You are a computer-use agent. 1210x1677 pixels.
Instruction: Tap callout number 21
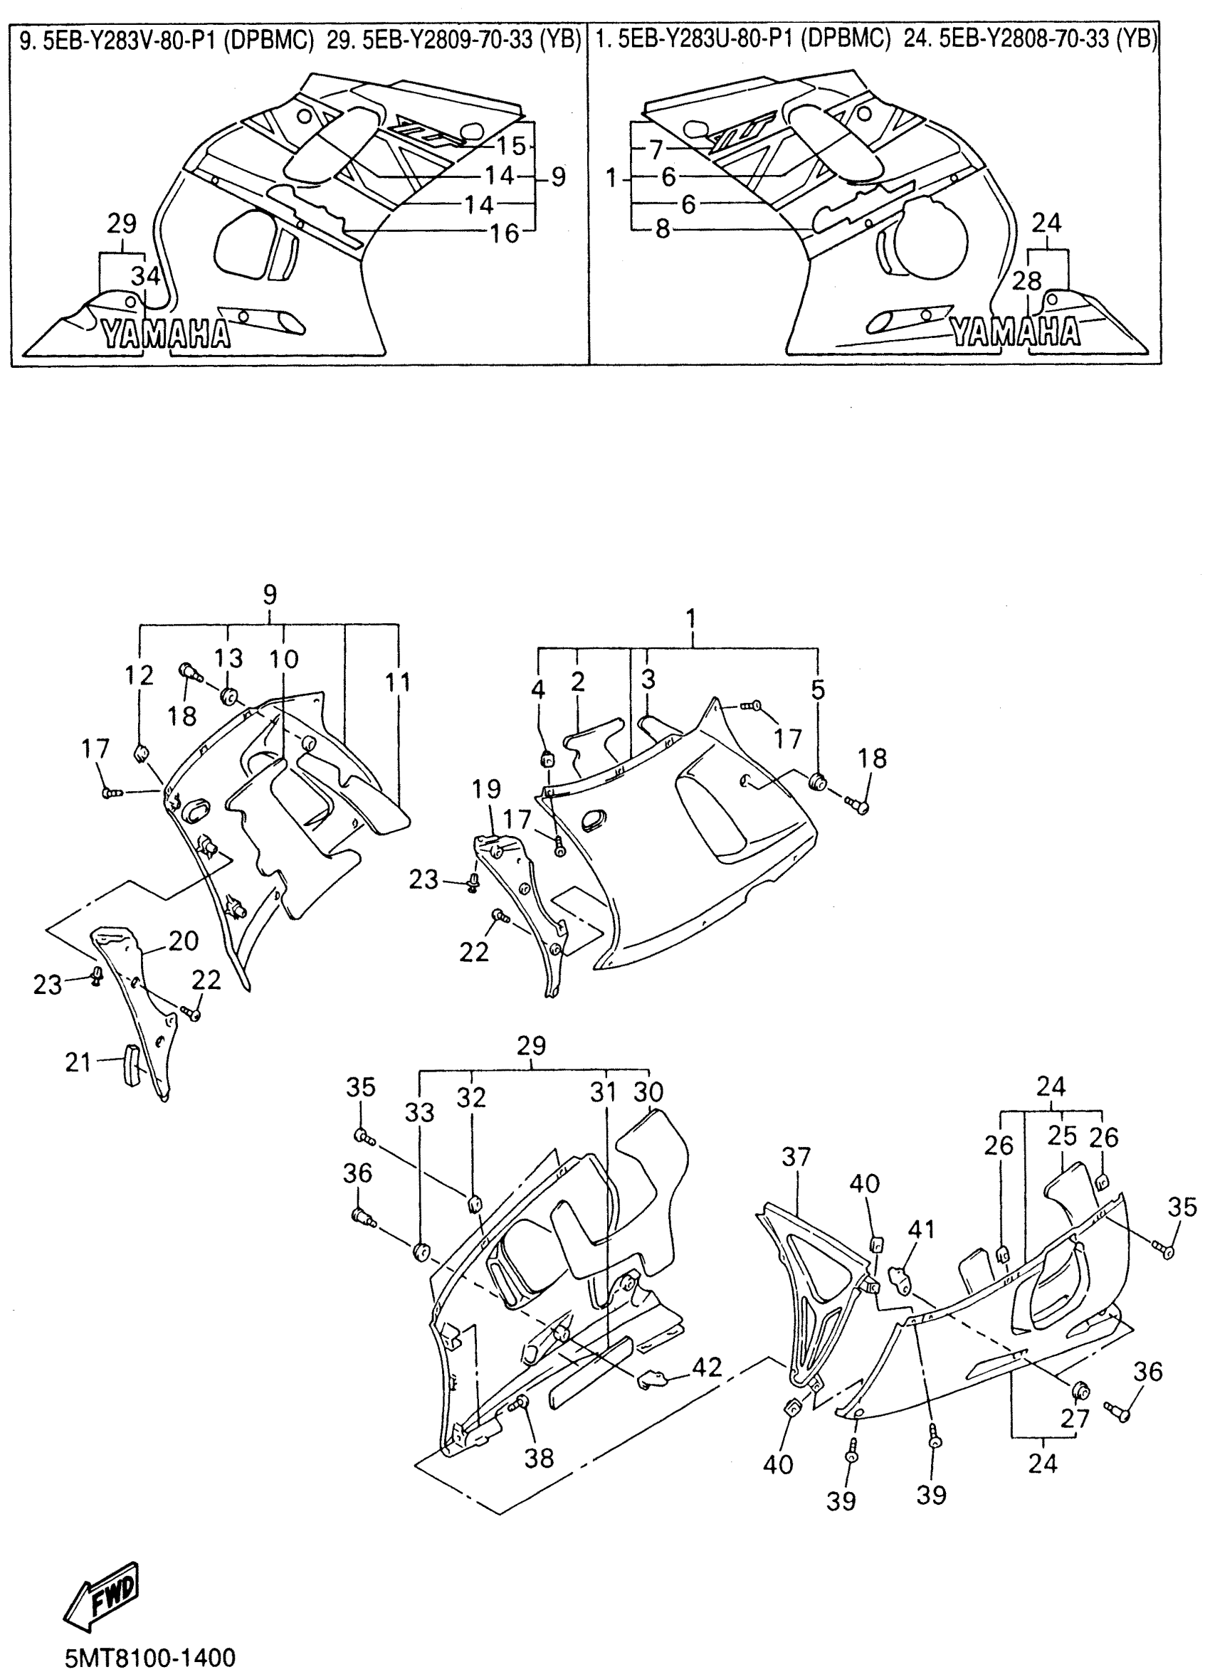pyautogui.click(x=78, y=1062)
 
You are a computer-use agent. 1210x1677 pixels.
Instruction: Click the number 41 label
pyautogui.click(x=921, y=1229)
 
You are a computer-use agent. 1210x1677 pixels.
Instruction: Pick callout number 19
pyautogui.click(x=487, y=789)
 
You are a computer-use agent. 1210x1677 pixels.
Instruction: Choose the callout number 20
pyautogui.click(x=184, y=941)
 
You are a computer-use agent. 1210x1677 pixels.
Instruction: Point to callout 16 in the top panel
pyautogui.click(x=505, y=233)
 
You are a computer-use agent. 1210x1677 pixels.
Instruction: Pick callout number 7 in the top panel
pyautogui.click(x=656, y=150)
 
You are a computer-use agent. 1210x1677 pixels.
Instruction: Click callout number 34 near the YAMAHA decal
pyautogui.click(x=146, y=277)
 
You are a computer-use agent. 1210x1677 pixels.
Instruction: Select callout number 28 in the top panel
pyautogui.click(x=1027, y=281)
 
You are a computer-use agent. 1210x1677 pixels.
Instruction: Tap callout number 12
pyautogui.click(x=139, y=675)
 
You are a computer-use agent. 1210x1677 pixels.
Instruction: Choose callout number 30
pyautogui.click(x=648, y=1091)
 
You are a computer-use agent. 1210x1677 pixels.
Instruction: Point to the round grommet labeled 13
pyautogui.click(x=228, y=697)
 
